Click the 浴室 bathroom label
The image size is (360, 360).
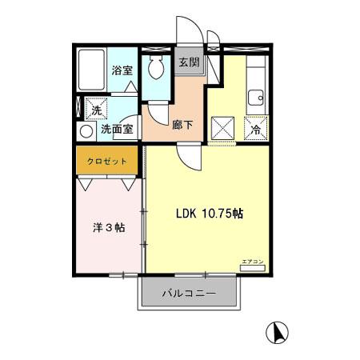pyautogui.click(x=122, y=70)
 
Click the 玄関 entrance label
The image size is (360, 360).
pyautogui.click(x=189, y=62)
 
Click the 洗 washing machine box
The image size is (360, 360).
pyautogui.click(x=95, y=110)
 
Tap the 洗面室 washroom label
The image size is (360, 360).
pyautogui.click(x=119, y=129)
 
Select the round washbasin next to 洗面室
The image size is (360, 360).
pyautogui.click(x=86, y=130)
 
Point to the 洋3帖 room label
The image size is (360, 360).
pyautogui.click(x=109, y=228)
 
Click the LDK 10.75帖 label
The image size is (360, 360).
pyautogui.click(x=210, y=214)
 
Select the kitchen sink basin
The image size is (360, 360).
pyautogui.click(x=256, y=99)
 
